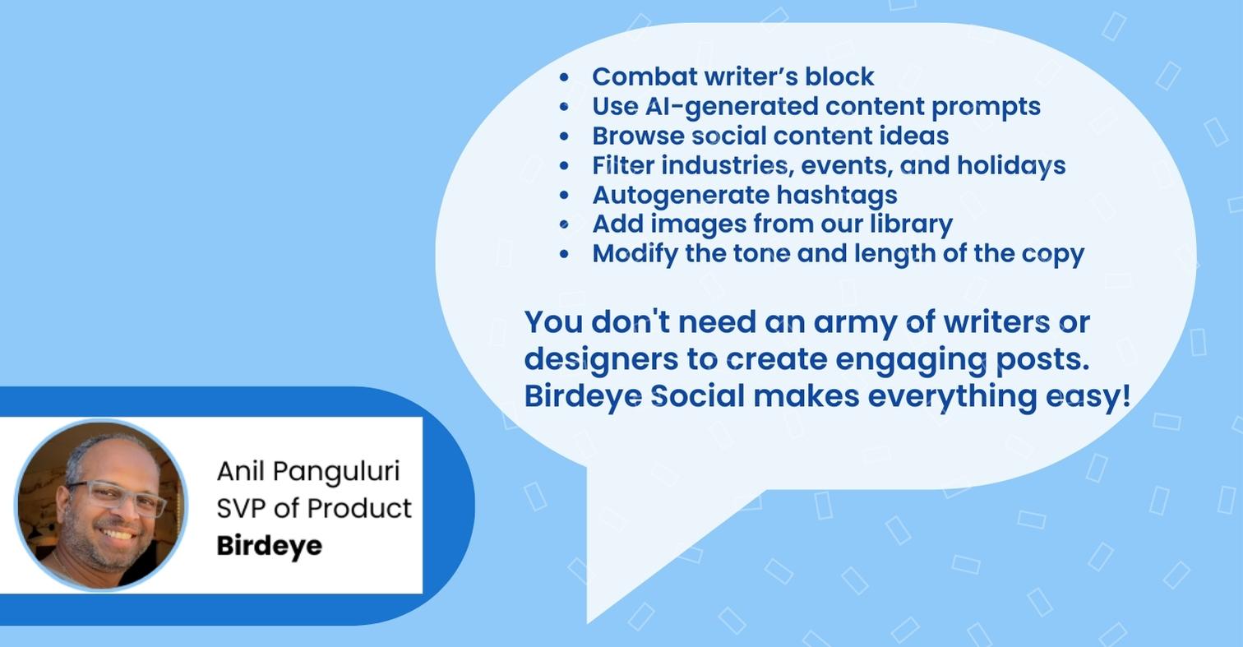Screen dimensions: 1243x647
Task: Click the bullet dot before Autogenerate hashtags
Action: (564, 196)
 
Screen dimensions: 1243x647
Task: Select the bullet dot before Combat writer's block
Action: (564, 77)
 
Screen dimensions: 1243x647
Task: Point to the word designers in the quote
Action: (601, 360)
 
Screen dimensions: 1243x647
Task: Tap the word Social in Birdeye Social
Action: (697, 396)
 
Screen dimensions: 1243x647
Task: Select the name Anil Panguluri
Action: (308, 472)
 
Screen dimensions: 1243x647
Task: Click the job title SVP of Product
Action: (314, 508)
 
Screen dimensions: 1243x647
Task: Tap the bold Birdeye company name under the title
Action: (269, 545)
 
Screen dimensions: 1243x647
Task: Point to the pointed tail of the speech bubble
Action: (589, 622)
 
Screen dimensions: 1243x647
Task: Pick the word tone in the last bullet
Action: (761, 254)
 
